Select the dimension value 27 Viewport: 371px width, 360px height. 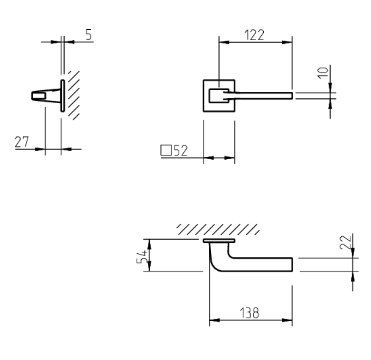click(x=22, y=141)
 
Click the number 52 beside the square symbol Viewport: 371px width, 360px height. click(x=180, y=150)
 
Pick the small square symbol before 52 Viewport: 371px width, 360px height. click(x=166, y=150)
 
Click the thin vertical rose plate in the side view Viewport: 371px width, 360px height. click(x=62, y=96)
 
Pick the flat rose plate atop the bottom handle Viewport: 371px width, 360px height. click(x=219, y=241)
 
